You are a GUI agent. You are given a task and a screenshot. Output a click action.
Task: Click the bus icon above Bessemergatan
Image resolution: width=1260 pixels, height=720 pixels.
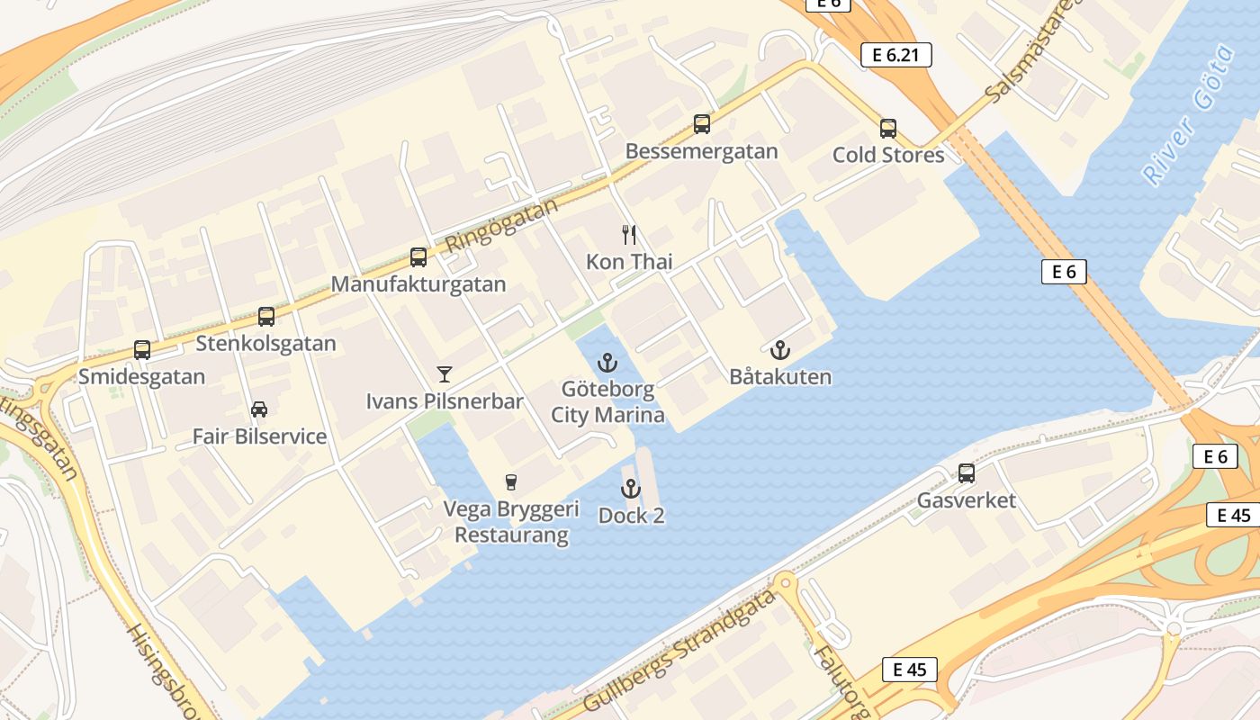(702, 124)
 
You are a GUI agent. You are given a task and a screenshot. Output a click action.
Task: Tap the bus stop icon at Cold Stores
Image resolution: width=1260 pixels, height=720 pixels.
(888, 129)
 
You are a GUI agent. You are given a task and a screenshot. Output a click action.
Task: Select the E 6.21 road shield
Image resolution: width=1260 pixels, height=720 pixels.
(895, 55)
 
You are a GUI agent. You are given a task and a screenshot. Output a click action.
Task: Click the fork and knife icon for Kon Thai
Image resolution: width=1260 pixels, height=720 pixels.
(629, 235)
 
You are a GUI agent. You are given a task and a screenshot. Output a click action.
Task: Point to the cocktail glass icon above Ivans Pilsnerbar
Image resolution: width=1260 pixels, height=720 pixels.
(444, 373)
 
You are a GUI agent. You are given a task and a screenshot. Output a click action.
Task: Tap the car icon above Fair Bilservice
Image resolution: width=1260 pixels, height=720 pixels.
(259, 409)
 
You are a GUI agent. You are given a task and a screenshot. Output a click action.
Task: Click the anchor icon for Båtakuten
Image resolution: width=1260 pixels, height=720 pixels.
(780, 350)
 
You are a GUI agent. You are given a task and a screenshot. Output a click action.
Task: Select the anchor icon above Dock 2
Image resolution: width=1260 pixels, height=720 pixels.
(631, 490)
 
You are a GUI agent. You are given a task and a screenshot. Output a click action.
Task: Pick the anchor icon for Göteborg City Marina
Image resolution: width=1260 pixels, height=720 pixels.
(608, 364)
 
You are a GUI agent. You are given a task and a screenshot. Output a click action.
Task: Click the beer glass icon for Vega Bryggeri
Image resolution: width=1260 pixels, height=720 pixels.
(511, 482)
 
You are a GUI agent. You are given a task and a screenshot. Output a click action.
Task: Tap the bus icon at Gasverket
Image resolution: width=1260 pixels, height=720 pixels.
(967, 473)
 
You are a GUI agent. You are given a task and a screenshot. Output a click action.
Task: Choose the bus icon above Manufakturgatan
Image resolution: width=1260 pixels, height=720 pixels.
(418, 257)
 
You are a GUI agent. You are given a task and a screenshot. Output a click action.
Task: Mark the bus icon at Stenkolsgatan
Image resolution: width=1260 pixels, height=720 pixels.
(266, 317)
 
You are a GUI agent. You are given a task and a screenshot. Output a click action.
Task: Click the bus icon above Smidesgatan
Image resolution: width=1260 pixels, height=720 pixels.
(142, 349)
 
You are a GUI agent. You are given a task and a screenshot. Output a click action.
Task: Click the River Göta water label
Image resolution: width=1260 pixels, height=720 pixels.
(1190, 114)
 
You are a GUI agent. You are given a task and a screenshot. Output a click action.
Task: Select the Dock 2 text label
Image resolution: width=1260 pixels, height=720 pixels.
(631, 517)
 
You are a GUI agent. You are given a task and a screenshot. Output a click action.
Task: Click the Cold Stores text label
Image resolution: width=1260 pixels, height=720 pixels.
(888, 155)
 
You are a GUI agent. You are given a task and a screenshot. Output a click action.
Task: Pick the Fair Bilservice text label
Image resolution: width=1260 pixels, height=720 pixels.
(259, 436)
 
